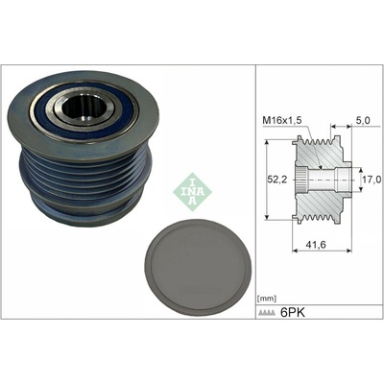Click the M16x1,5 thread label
coord(281,120)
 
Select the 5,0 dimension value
coord(364,120)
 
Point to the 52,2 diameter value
coord(276,180)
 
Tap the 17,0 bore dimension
coord(372,180)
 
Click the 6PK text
coord(293,312)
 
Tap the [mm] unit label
coord(267,299)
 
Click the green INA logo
coord(192,192)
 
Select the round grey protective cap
coord(199,268)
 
